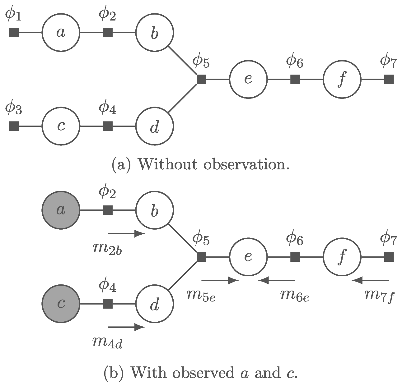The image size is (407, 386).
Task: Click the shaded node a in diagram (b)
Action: pyautogui.click(x=61, y=210)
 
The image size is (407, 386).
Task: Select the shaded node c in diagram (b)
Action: pyautogui.click(x=61, y=304)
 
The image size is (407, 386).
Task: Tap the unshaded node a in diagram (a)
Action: pyautogui.click(x=61, y=32)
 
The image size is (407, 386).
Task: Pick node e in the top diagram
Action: pyautogui.click(x=248, y=79)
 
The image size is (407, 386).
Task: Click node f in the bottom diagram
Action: pyautogui.click(x=342, y=257)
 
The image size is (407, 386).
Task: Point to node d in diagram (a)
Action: pyautogui.click(x=155, y=126)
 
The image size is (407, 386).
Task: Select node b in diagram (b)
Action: pyautogui.click(x=155, y=210)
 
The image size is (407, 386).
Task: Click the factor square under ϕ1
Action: pyautogui.click(x=14, y=32)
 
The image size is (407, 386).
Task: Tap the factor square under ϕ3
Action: pyautogui.click(x=14, y=126)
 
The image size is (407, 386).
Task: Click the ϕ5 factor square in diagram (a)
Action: pyautogui.click(x=202, y=79)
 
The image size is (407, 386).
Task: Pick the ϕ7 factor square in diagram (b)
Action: pyautogui.click(x=389, y=257)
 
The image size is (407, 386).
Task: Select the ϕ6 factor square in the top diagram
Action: pyautogui.click(x=295, y=79)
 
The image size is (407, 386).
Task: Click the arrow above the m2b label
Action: pyautogui.click(x=126, y=233)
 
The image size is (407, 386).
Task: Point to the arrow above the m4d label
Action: pyautogui.click(x=126, y=327)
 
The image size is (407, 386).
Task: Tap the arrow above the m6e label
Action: pyautogui.click(x=277, y=281)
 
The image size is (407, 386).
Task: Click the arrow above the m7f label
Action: pyautogui.click(x=370, y=281)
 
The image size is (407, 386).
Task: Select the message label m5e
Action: pyautogui.click(x=201, y=295)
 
